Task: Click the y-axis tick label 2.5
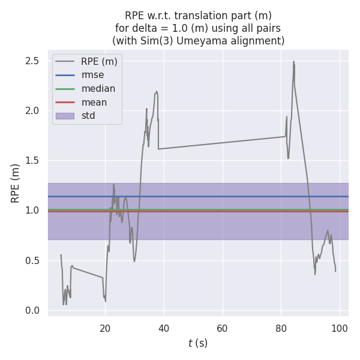point(32,61)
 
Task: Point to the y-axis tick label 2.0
point(32,111)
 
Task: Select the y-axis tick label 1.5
point(32,161)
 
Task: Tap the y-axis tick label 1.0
point(32,211)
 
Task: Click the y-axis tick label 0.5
point(32,260)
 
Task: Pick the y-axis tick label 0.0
point(32,310)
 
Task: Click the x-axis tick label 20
point(105,328)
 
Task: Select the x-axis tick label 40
point(164,328)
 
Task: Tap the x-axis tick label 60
point(223,328)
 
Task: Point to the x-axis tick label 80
point(281,328)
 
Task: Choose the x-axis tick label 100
point(340,328)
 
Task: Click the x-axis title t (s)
point(197,343)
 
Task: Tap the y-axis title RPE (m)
point(16,183)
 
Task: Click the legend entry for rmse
point(92,75)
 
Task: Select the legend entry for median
point(98,89)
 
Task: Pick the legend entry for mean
point(94,103)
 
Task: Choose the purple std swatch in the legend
point(65,116)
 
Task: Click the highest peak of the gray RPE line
point(293,61)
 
